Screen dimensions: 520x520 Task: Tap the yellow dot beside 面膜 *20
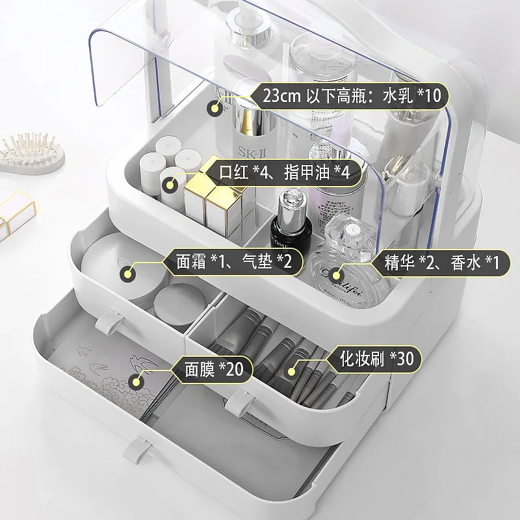click(138, 381)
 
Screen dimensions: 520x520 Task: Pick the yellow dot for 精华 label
click(335, 274)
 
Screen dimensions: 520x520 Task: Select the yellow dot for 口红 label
click(170, 185)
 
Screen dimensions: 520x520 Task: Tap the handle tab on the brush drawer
click(239, 404)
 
